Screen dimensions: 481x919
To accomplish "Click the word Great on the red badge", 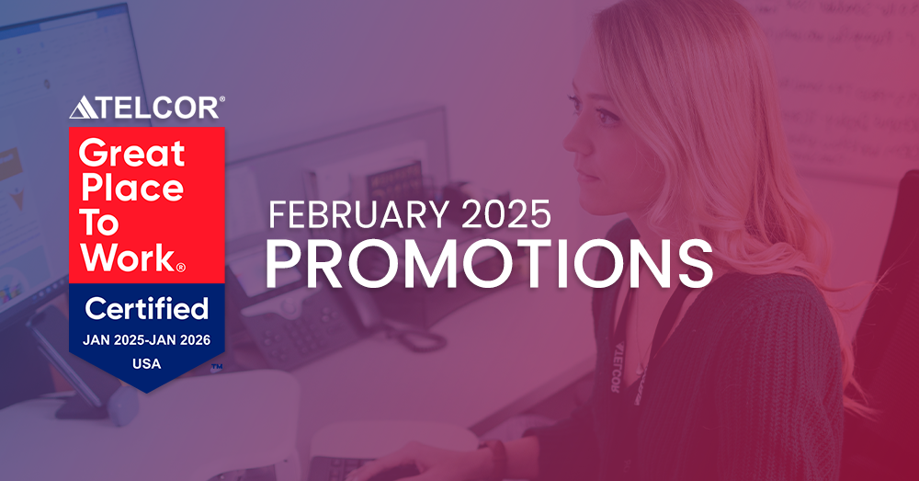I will point(132,153).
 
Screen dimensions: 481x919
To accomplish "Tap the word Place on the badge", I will point(132,188).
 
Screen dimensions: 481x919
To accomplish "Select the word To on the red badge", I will point(102,223).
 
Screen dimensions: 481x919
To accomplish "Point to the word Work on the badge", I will point(127,258).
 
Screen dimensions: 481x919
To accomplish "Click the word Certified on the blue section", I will point(147,307).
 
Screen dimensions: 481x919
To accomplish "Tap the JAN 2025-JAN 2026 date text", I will point(147,340).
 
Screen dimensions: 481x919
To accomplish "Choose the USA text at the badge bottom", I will point(146,363).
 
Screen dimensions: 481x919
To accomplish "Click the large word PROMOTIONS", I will point(489,262).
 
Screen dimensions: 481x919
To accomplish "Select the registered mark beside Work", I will point(180,268).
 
